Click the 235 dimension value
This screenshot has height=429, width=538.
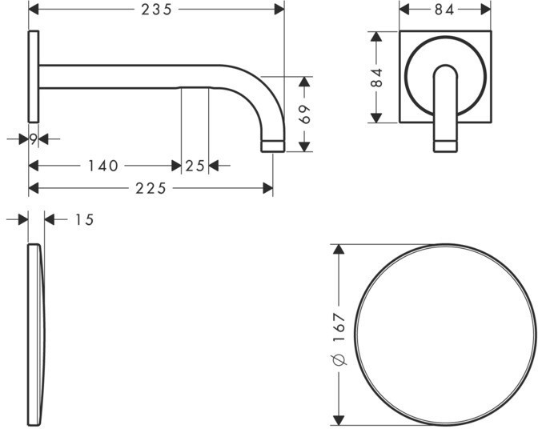pyautogui.click(x=156, y=10)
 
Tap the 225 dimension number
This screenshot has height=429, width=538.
pyautogui.click(x=151, y=188)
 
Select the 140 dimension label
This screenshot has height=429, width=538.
pyautogui.click(x=103, y=166)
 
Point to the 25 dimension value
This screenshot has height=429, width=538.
pyautogui.click(x=195, y=166)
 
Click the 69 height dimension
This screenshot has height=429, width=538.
pyautogui.click(x=305, y=114)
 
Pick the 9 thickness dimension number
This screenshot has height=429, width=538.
pyautogui.click(x=33, y=139)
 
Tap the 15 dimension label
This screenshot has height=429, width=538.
pyautogui.click(x=84, y=220)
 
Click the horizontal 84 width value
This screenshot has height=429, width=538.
pyautogui.click(x=444, y=10)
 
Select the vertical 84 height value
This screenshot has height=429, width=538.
pyautogui.click(x=377, y=78)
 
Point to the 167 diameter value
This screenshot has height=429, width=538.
pyautogui.click(x=339, y=327)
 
